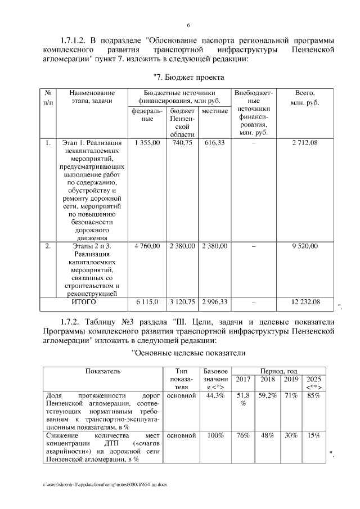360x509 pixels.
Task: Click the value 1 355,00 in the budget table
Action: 147,143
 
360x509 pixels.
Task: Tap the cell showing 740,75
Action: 182,143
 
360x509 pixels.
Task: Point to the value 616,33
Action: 214,143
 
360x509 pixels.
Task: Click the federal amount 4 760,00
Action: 147,246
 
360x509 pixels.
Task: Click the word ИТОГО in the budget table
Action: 84,302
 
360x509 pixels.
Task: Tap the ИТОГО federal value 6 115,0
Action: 147,302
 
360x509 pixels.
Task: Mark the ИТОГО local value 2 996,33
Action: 214,302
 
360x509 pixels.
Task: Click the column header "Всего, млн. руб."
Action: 304,98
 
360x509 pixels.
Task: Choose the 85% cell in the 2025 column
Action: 314,395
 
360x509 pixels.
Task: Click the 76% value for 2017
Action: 243,435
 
